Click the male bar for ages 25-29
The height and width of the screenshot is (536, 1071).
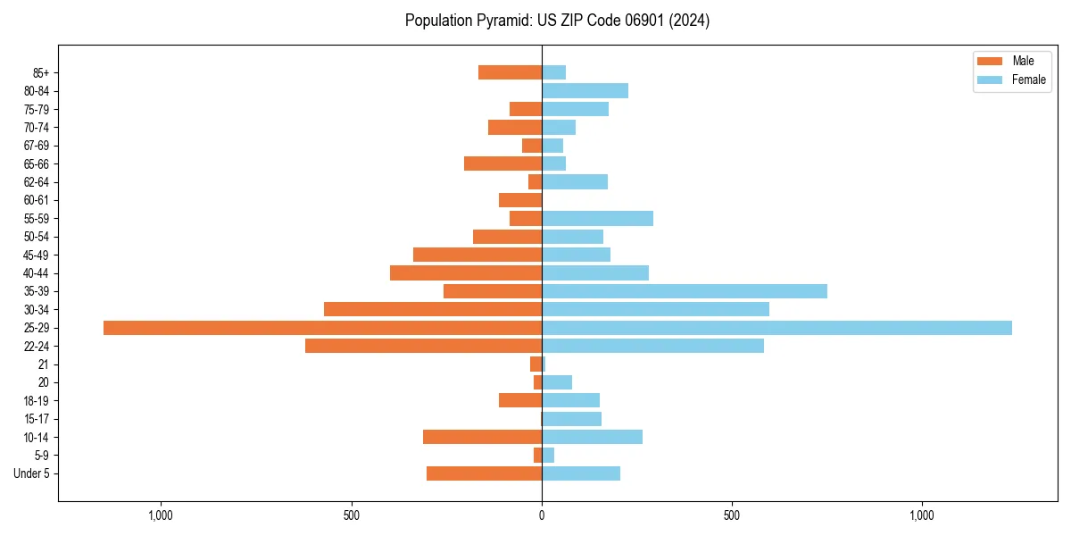tap(322, 328)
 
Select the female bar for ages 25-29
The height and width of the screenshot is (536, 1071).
tap(776, 328)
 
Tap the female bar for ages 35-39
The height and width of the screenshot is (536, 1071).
tap(684, 291)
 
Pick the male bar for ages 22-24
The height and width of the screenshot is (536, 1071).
tap(423, 346)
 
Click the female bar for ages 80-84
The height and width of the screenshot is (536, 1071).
tap(585, 91)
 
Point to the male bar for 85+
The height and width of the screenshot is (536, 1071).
tap(510, 72)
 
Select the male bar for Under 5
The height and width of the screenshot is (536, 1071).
tap(484, 473)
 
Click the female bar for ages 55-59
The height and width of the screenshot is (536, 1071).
tap(597, 219)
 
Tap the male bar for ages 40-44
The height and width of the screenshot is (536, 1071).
tap(466, 273)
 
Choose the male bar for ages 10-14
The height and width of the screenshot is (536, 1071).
tap(482, 437)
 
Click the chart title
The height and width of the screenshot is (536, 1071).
tap(557, 21)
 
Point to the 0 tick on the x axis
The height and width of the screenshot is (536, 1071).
tap(542, 515)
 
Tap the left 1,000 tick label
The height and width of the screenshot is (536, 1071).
tap(161, 515)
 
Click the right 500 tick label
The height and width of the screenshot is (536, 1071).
tap(732, 515)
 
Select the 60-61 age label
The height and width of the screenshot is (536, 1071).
tap(37, 200)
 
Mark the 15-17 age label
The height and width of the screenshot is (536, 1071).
tap(37, 419)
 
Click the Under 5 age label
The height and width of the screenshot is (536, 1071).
tap(32, 473)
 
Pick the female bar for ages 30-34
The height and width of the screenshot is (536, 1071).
tap(655, 309)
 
